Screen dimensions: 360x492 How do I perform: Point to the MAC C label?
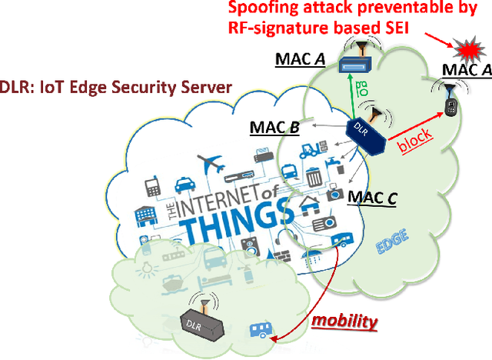tap(372, 199)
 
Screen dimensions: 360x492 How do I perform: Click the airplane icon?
tap(209, 164)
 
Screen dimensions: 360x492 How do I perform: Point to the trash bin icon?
tap(313, 178)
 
